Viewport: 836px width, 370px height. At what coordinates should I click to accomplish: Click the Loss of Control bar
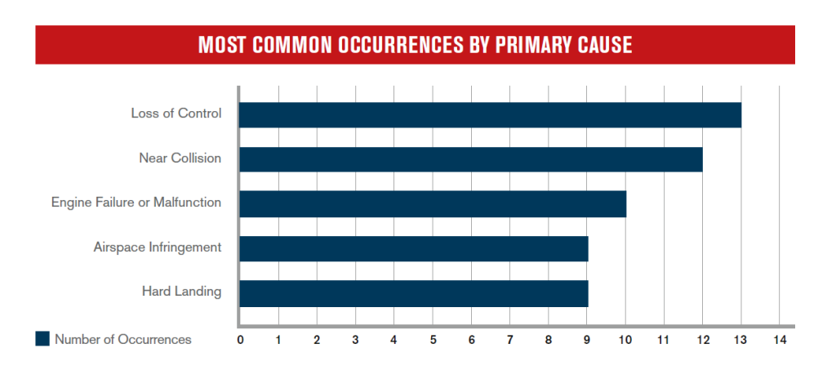(x=490, y=114)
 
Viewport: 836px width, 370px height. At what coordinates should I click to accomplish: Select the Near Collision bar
(x=471, y=159)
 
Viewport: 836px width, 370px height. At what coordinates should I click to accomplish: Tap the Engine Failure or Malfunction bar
(x=433, y=204)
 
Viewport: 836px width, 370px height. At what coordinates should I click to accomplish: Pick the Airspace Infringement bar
(x=414, y=249)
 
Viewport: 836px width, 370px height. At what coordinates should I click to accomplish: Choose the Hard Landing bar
(x=414, y=294)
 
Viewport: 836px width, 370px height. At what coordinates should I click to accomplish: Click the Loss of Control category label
(x=176, y=114)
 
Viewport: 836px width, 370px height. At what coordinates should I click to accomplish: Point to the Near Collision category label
(x=180, y=158)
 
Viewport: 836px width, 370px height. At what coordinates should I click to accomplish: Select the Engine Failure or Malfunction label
(x=136, y=203)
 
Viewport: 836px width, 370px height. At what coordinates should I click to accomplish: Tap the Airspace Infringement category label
(x=158, y=247)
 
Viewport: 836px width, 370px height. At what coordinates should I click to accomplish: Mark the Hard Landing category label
(x=181, y=292)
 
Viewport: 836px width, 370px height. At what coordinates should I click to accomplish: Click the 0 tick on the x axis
(x=241, y=340)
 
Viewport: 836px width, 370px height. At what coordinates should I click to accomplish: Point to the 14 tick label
(x=780, y=340)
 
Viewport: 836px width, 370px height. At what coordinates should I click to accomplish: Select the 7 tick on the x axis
(x=509, y=340)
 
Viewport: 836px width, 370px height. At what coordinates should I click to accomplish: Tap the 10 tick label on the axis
(x=625, y=340)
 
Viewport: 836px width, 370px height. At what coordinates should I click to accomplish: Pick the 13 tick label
(x=741, y=340)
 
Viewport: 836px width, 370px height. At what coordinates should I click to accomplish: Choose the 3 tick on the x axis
(x=356, y=340)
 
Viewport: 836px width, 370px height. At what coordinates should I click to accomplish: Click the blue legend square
(x=42, y=338)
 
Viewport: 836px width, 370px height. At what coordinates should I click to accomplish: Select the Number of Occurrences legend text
(x=123, y=339)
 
